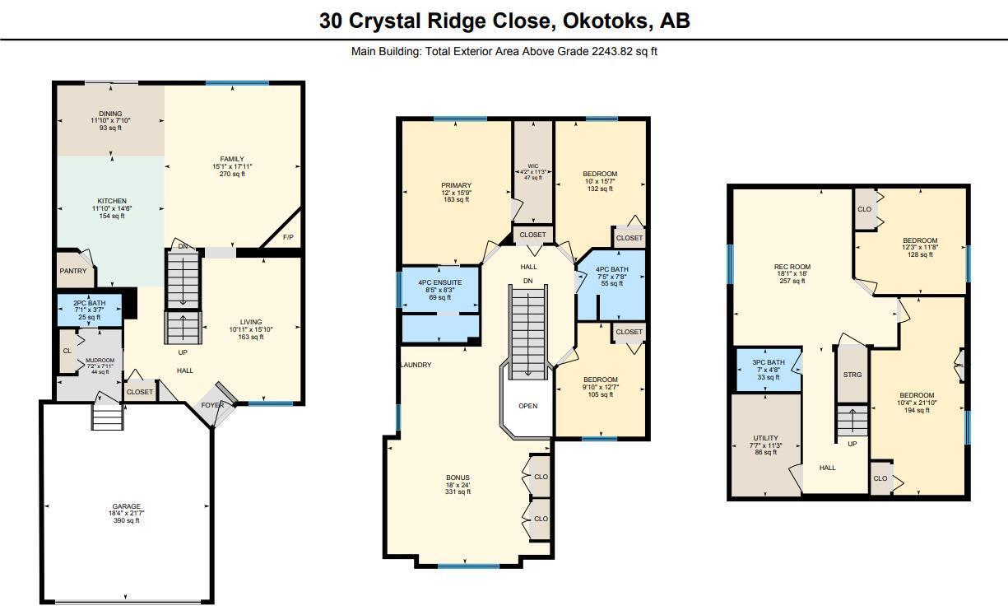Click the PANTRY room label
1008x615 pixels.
coord(72,271)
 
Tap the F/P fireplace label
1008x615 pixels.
coord(288,237)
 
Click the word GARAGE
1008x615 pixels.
coord(127,506)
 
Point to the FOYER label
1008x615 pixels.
coord(212,405)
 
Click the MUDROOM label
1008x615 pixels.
coord(100,361)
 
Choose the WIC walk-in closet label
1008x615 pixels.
coord(532,165)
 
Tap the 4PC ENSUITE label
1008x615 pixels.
coord(439,282)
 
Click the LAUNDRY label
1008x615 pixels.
coord(416,365)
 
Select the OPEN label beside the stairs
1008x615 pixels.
coord(527,405)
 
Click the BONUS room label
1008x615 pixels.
coord(458,478)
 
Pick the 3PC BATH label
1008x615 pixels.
coord(768,362)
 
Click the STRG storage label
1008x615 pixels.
coord(852,375)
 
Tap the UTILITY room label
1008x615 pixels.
coord(765,438)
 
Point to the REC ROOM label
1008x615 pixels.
coord(792,267)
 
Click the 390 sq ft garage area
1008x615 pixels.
coord(127,520)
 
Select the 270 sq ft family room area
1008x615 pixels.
coord(232,174)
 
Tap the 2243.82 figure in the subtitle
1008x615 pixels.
coord(612,51)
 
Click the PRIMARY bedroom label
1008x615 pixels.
coord(455,185)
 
